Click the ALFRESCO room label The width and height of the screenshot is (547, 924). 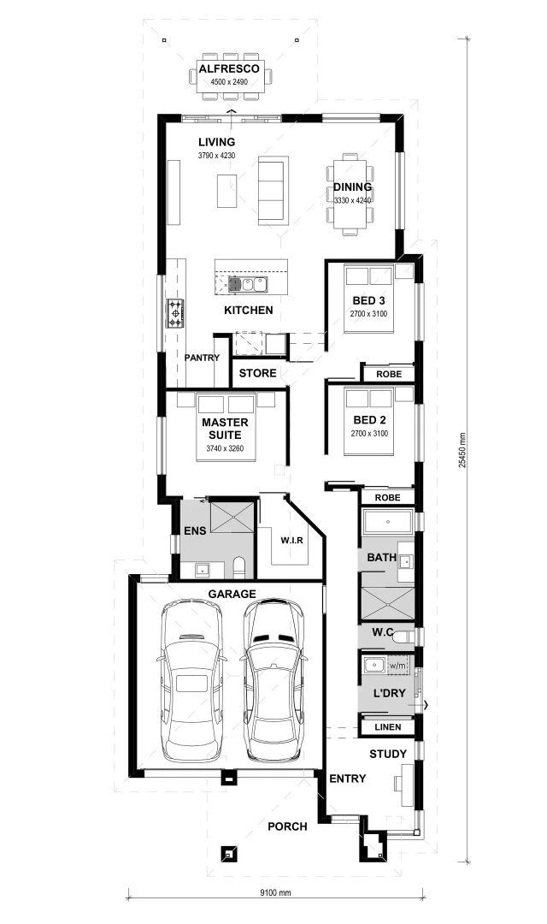coord(229,69)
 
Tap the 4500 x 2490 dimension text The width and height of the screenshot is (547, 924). coord(229,83)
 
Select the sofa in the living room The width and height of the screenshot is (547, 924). coord(273,190)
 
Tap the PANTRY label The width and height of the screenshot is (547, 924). coord(202,358)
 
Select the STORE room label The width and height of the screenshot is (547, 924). coord(257,373)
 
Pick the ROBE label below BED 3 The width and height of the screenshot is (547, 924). coord(387,374)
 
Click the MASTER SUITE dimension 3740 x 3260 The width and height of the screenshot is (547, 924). coord(225,447)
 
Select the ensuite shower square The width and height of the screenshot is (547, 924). coord(232,517)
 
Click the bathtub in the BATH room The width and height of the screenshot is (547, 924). coord(387,521)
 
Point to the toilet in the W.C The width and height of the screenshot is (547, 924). coord(407,637)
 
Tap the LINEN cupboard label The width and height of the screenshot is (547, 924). coord(386,727)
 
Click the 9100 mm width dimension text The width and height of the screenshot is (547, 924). coord(275,892)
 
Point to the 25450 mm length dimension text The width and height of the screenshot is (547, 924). coord(462,448)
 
